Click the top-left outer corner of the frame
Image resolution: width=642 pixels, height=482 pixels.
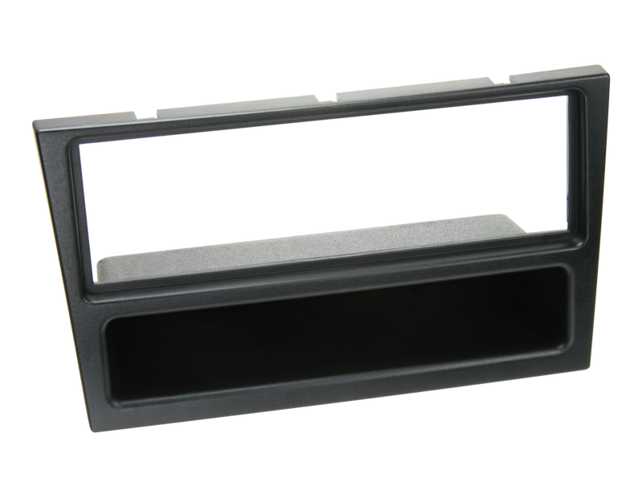click(33, 120)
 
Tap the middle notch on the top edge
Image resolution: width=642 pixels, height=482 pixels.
click(334, 90)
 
